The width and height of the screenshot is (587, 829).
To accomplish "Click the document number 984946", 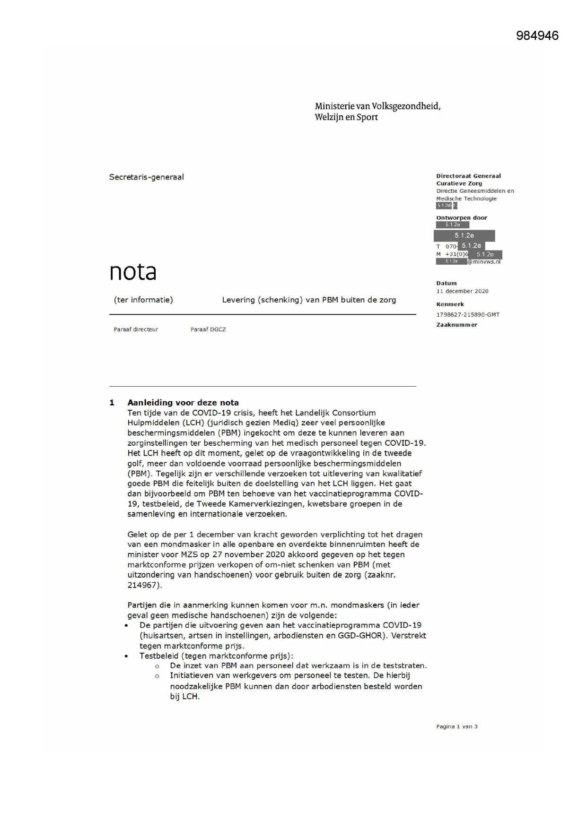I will (537, 36).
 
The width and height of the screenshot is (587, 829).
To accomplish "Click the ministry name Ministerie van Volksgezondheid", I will (377, 106).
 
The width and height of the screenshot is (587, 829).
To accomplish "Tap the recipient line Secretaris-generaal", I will (146, 177).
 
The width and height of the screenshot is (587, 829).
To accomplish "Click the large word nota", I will (133, 272).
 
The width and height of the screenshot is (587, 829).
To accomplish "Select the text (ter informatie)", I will (143, 300).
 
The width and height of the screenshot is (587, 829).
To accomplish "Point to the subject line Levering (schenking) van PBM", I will (309, 300).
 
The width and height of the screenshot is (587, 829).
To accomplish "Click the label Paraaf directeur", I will (136, 329).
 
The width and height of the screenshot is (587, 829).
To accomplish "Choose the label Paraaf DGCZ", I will (208, 329).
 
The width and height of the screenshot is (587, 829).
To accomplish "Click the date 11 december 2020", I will (462, 291).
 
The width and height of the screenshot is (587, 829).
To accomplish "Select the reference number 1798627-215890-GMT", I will (468, 314).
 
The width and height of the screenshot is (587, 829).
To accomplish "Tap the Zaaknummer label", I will (456, 325).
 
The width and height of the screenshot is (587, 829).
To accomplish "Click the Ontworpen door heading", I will (461, 218).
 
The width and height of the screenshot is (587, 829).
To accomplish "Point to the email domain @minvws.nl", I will (484, 262).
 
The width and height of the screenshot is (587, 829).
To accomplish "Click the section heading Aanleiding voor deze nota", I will (183, 403).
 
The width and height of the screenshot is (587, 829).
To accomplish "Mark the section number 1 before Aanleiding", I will (112, 403).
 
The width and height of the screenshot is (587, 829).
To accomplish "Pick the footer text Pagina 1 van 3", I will (456, 726).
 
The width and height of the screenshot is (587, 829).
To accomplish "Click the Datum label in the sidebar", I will (446, 283).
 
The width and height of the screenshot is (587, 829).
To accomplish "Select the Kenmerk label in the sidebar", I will (450, 304).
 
